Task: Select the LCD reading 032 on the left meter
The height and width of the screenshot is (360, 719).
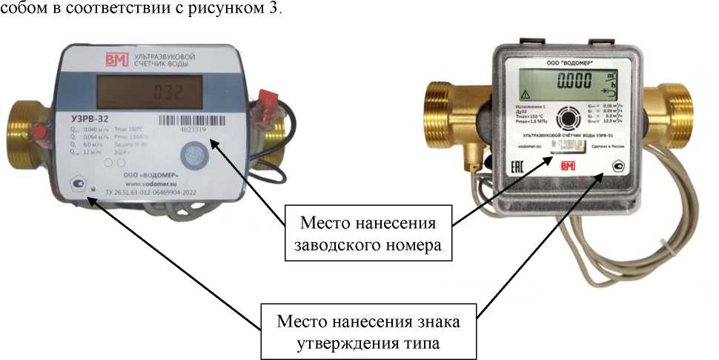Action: coord(168,93)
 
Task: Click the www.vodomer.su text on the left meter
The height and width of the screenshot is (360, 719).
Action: coord(149,181)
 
